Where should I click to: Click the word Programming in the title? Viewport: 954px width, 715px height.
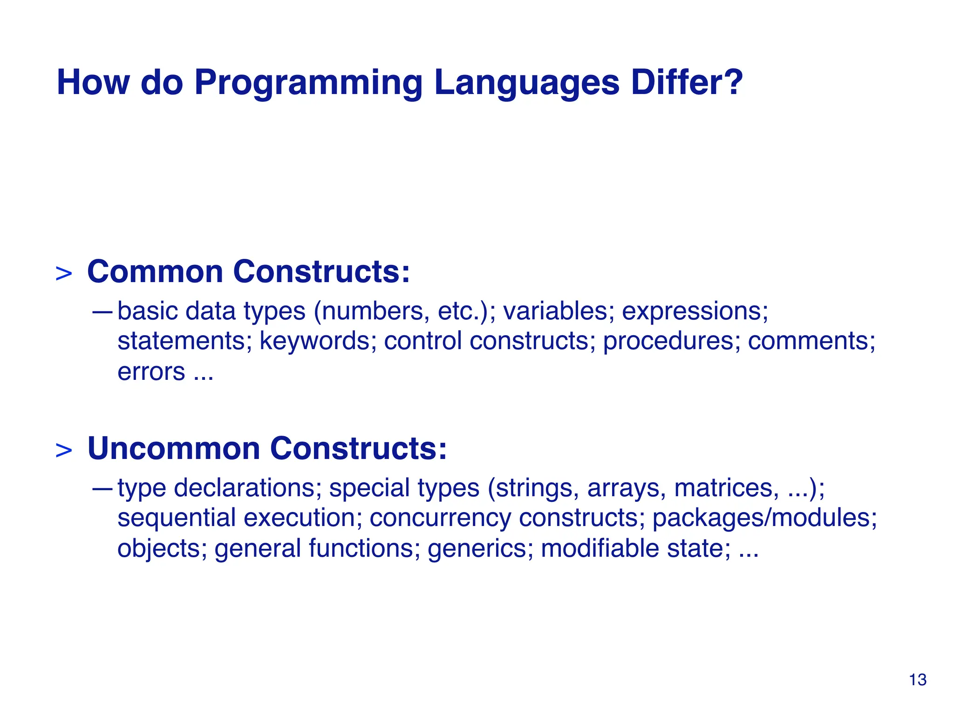308,83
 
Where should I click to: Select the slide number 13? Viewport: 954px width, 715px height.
917,680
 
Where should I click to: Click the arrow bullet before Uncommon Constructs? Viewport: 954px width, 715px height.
64,451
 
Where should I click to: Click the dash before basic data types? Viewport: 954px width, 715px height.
102,311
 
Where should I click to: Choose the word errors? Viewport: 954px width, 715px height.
151,372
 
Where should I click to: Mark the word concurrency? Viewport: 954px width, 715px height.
440,518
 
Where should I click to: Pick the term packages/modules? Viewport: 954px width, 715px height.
764,518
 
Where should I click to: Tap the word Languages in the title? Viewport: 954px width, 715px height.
527,83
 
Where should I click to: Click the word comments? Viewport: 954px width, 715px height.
811,341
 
